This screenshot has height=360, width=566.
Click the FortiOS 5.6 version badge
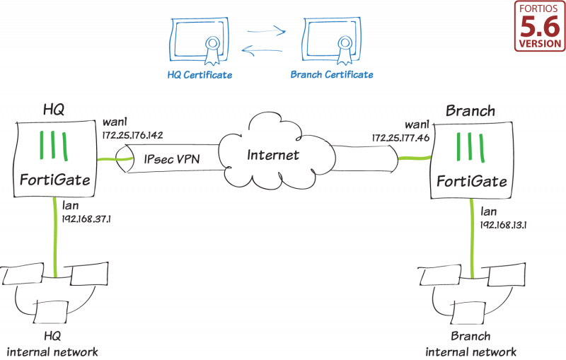point(539,27)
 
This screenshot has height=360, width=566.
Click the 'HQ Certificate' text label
point(200,74)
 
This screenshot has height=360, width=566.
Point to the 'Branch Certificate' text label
point(332,74)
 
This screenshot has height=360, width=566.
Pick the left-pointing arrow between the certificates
point(266,50)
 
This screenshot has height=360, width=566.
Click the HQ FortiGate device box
point(54,159)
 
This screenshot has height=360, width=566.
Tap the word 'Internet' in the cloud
point(273,154)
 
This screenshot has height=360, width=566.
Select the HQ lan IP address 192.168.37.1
point(88,219)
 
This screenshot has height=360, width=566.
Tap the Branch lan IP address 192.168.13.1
point(505,224)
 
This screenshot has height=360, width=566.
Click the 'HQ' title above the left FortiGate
point(54,110)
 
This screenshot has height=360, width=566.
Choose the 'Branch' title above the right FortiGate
point(470,111)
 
